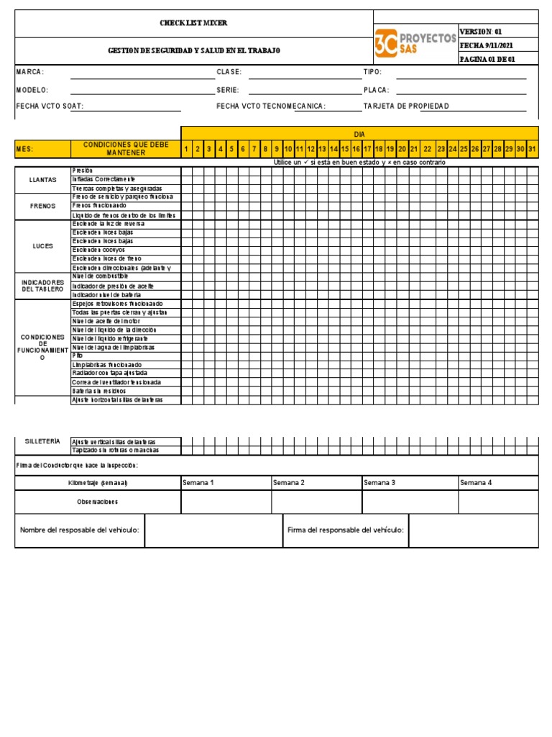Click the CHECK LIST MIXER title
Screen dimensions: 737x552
[x=193, y=23]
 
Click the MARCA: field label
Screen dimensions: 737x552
[x=30, y=72]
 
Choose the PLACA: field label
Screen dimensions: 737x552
[x=377, y=90]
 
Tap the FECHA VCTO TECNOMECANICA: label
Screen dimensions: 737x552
[x=271, y=106]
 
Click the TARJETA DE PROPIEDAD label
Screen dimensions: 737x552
[x=406, y=106]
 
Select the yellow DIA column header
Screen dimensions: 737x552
[x=359, y=135]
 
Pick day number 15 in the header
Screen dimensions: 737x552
[x=345, y=149]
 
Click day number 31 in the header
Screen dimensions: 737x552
[x=532, y=149]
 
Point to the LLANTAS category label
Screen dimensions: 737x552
[x=43, y=179]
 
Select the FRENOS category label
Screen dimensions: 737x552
[x=43, y=206]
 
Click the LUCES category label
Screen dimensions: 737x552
[x=43, y=245]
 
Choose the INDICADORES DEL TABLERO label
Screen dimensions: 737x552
[x=43, y=285]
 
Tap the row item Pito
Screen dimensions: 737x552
[x=78, y=356]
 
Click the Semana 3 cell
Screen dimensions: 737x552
[x=379, y=482]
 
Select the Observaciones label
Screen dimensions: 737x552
[x=97, y=502]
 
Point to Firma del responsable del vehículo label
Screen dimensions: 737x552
[x=345, y=530]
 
